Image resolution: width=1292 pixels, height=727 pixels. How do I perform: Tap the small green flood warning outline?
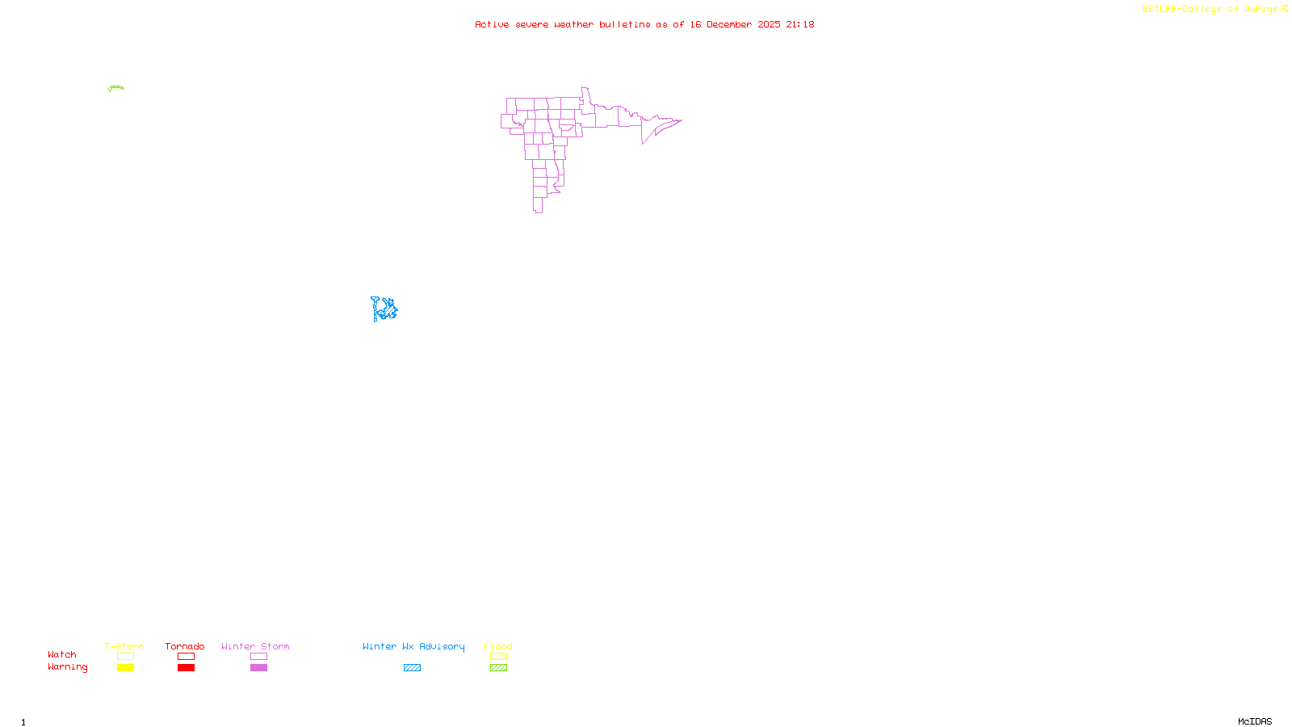click(x=115, y=87)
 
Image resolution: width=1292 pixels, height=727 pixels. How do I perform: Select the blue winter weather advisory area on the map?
click(x=384, y=309)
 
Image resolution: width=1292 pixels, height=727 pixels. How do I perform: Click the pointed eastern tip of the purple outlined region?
click(x=680, y=120)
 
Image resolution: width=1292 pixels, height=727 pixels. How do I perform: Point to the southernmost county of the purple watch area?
click(x=537, y=205)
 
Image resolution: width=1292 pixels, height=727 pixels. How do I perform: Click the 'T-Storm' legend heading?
click(x=124, y=646)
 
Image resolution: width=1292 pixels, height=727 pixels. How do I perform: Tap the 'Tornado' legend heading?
click(x=185, y=646)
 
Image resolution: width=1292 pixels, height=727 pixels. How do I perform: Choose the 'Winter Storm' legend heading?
click(x=255, y=646)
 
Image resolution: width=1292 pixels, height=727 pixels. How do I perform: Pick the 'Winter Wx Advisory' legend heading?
click(x=413, y=646)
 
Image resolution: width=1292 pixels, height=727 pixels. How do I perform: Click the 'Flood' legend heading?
click(x=498, y=646)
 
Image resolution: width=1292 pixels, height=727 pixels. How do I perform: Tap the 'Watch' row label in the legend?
click(x=62, y=654)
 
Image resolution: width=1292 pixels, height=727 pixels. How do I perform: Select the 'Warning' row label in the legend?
click(x=67, y=667)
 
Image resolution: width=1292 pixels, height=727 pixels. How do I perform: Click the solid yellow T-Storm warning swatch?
click(x=125, y=668)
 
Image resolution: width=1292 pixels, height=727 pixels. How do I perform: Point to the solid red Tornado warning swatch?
click(x=186, y=668)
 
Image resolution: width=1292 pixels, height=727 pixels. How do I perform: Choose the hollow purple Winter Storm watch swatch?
click(x=258, y=657)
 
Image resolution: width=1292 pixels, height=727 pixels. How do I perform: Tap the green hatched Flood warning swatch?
click(x=498, y=668)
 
